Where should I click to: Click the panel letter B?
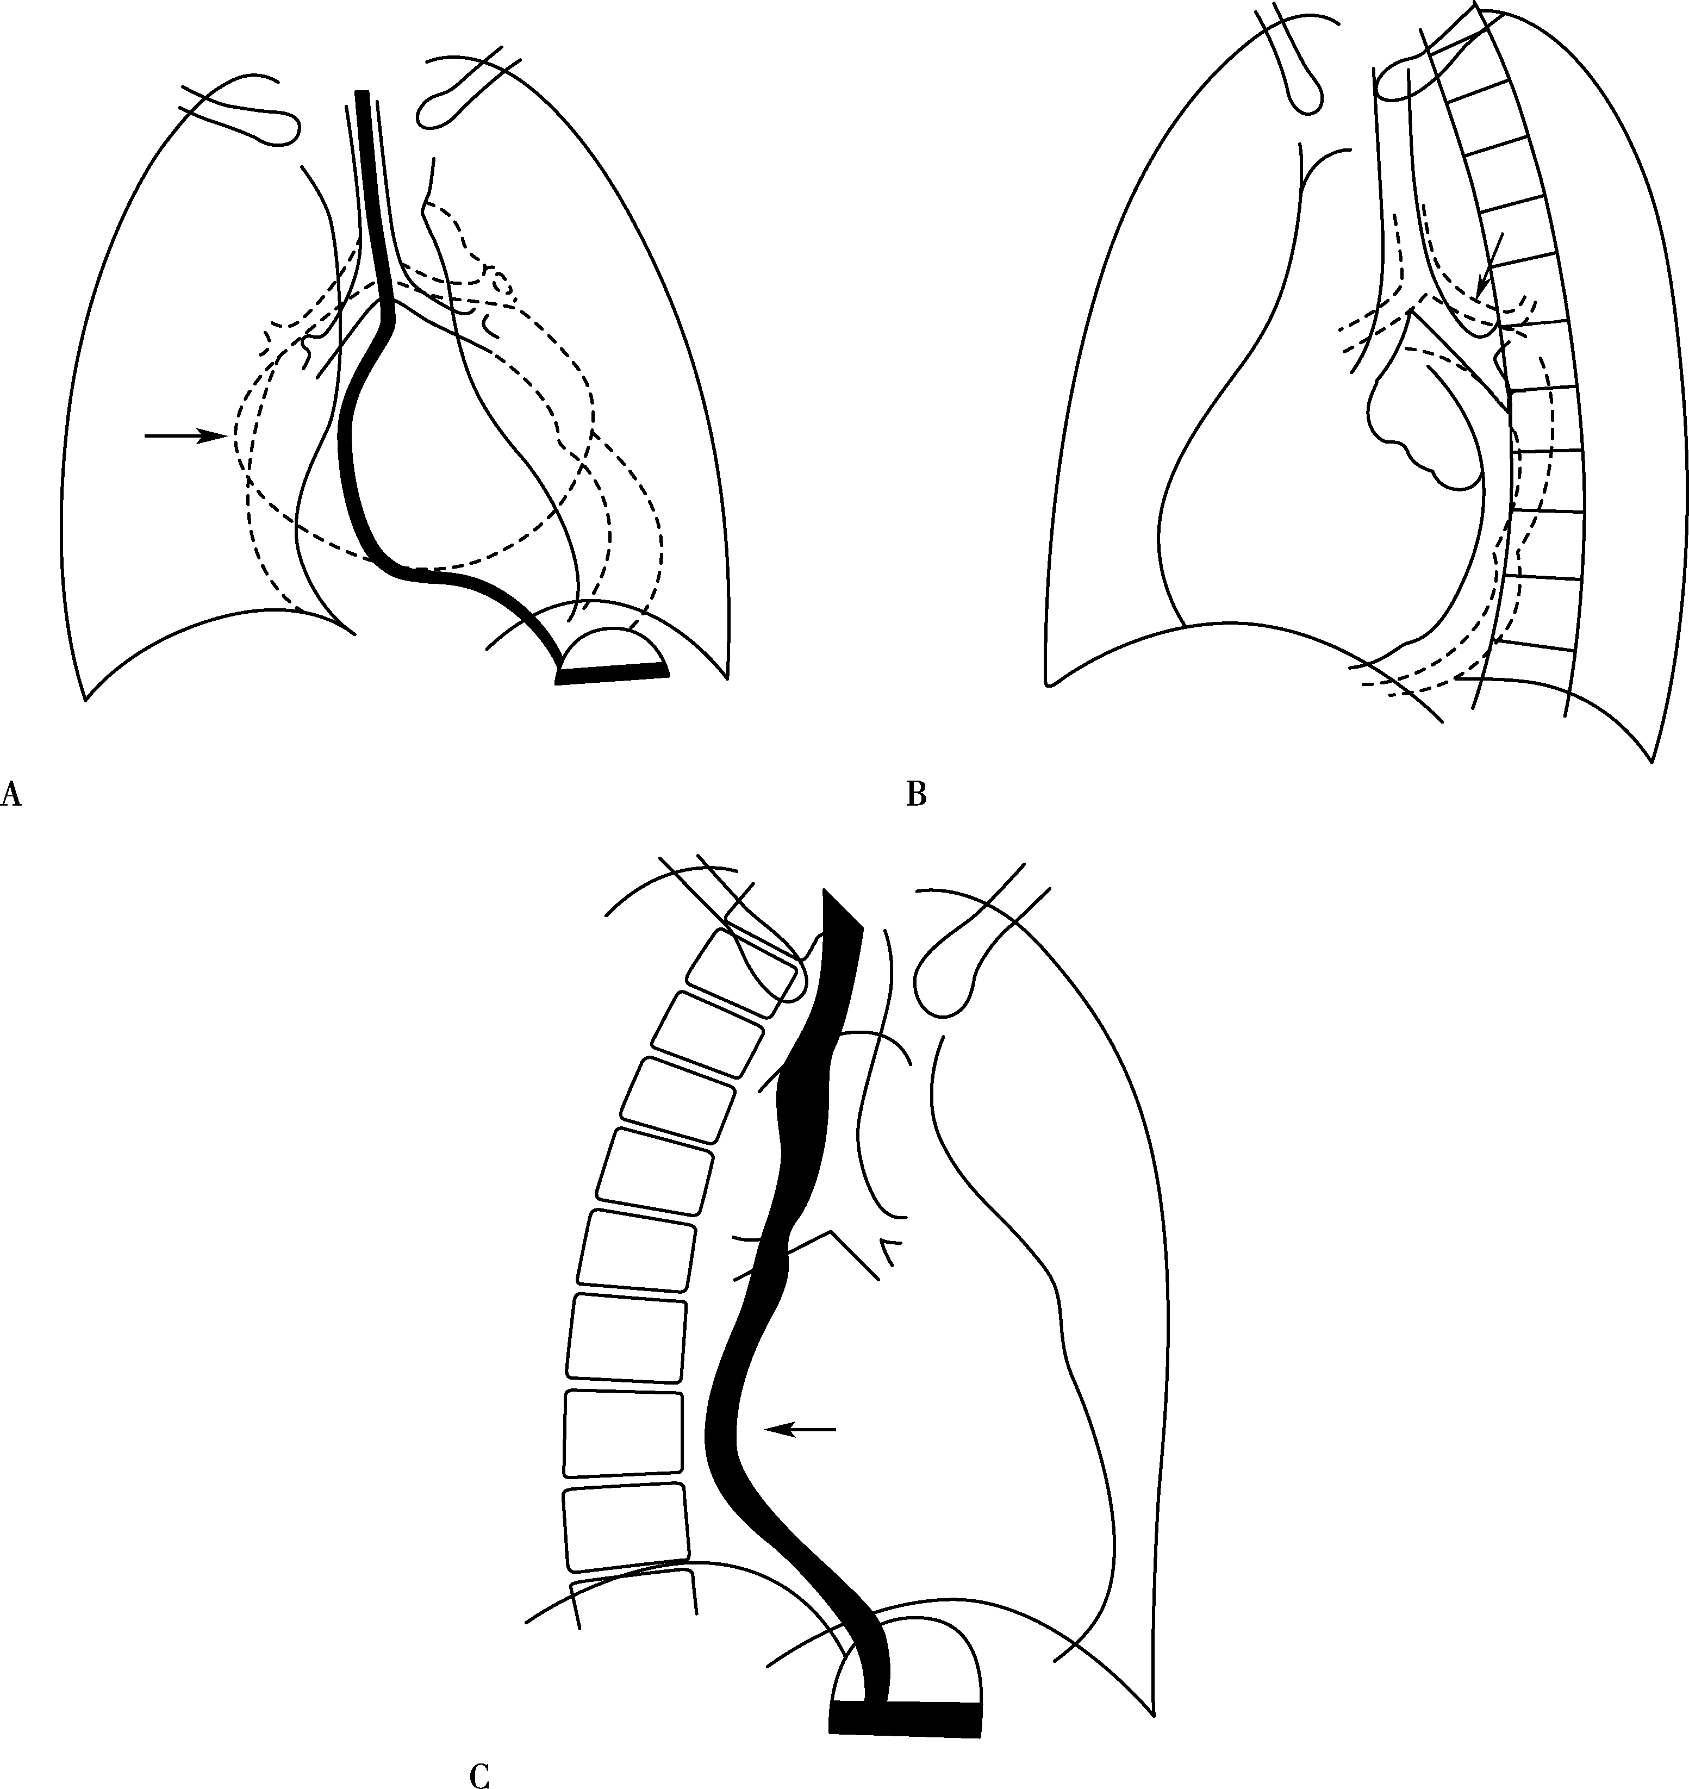(915, 794)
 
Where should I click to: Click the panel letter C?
(480, 1774)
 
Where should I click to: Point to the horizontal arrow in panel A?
(185, 436)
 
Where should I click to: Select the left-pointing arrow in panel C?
(800, 1428)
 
